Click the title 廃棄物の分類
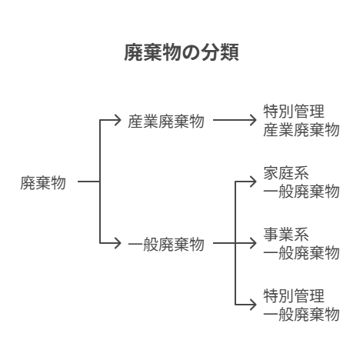click(181, 52)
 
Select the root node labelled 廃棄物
click(43, 183)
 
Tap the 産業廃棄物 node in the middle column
click(166, 121)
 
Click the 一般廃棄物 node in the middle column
click(166, 244)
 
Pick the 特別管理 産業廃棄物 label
click(301, 120)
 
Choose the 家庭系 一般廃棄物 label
click(301, 182)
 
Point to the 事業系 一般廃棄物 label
click(301, 244)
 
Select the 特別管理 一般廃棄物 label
click(301, 305)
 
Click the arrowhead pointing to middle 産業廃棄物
click(118, 120)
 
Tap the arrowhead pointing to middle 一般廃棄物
click(118, 243)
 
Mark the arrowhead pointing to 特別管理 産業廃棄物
click(253, 120)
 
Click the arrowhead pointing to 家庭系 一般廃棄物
click(253, 182)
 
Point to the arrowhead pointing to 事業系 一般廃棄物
click(253, 243)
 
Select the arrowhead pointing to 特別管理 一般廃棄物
click(253, 305)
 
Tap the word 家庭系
click(286, 173)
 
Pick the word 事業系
click(286, 235)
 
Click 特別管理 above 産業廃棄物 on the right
click(294, 112)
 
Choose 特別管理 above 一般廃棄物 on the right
click(294, 296)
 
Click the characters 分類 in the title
click(220, 52)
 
